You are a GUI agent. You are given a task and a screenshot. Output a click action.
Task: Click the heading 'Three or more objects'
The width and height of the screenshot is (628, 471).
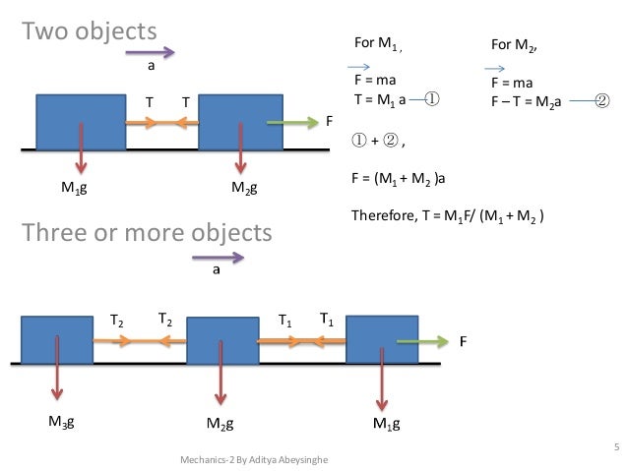coord(147,233)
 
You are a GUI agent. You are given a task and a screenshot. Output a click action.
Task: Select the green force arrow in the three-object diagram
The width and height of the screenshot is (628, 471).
coord(424,342)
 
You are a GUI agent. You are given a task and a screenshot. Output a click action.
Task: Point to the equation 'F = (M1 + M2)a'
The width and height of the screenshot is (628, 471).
coord(406,179)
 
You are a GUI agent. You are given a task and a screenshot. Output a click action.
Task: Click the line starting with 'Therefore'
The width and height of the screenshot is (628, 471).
coord(448,215)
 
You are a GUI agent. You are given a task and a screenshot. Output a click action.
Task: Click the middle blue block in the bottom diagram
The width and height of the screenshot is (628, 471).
coord(221,342)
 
